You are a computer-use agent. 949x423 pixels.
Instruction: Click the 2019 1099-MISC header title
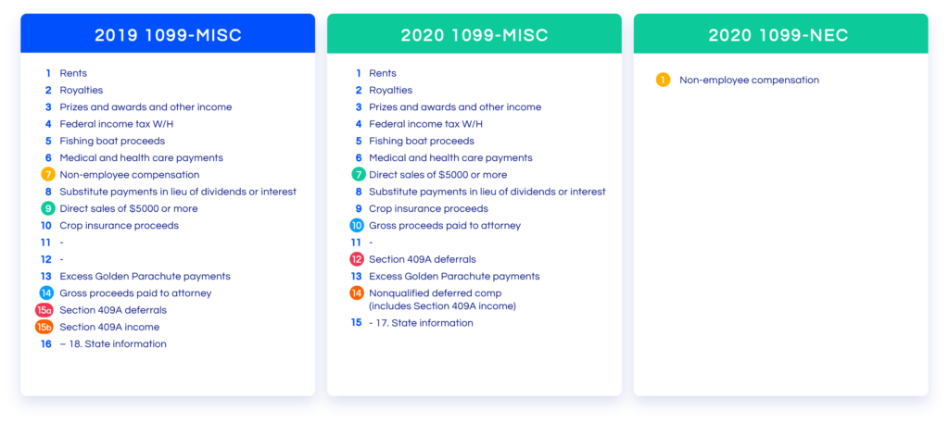(169, 35)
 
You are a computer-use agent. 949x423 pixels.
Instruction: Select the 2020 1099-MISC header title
(474, 35)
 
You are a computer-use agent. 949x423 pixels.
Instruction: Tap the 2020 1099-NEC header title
(778, 35)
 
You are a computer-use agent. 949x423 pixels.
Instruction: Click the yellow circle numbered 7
(48, 175)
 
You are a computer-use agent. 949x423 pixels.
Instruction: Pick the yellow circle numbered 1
(664, 80)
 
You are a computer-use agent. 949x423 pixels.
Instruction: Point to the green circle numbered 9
(48, 208)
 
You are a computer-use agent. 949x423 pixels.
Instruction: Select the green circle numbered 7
(359, 175)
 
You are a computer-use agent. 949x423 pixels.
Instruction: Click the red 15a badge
(45, 310)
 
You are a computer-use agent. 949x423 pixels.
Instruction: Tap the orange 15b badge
(45, 327)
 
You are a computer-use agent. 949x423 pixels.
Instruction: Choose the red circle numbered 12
(357, 259)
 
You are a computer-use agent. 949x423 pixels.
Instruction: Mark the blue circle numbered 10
(357, 226)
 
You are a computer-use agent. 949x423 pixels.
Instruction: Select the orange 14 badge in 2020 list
(357, 293)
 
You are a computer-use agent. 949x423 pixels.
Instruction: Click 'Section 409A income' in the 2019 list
(109, 327)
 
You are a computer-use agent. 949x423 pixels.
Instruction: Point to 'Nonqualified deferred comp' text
(436, 293)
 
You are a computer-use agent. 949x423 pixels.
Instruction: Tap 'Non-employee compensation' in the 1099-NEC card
(749, 80)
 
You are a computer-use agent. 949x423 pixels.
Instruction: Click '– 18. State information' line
(113, 343)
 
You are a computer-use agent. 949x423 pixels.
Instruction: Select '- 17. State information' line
(422, 323)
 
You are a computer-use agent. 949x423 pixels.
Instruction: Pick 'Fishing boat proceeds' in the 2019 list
(112, 141)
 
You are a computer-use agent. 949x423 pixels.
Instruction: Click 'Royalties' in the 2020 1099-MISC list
(391, 90)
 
